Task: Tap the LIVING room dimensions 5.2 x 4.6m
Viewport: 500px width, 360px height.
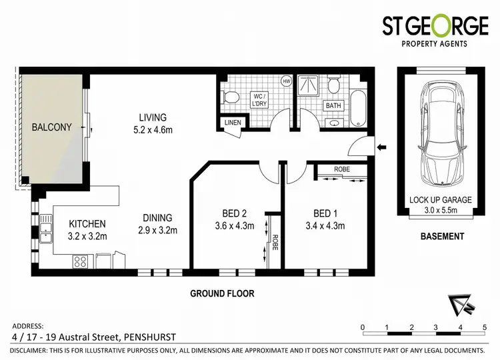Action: point(153,130)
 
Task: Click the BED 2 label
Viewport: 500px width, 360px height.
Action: point(235,214)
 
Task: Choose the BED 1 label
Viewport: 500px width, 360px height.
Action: point(326,214)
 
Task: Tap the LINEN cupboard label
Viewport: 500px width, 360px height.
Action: point(232,123)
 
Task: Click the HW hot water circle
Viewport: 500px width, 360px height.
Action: point(287,82)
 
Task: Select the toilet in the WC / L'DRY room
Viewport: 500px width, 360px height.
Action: point(231,97)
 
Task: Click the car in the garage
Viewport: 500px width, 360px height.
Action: point(441,133)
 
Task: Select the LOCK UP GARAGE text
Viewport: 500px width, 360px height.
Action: point(441,199)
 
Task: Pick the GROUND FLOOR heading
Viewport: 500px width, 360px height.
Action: point(222,293)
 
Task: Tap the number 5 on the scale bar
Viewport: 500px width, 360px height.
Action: point(485,327)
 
